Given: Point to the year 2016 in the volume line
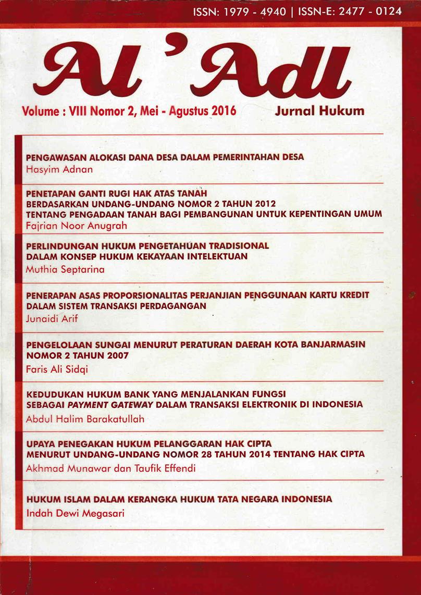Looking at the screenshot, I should (224, 111).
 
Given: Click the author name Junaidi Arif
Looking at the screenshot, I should (52, 319).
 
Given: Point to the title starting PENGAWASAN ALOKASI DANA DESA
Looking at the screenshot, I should (165, 157).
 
